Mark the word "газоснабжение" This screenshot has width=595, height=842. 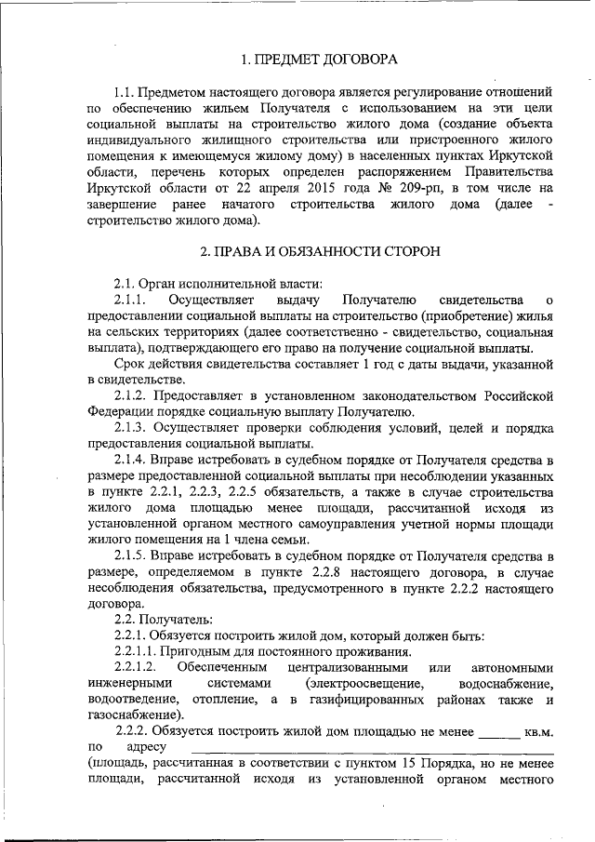click(x=132, y=715)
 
